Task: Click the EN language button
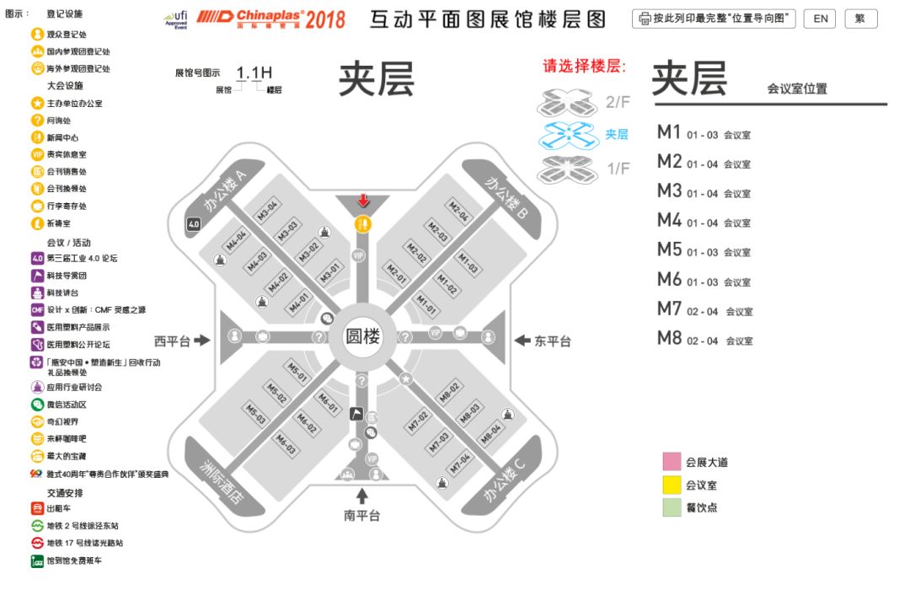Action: (821, 19)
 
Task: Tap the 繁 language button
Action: (860, 19)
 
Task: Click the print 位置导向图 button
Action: (714, 19)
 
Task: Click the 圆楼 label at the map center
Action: (363, 335)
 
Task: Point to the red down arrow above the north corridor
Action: (363, 201)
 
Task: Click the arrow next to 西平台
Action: (201, 341)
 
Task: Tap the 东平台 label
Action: (553, 341)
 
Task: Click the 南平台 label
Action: (362, 515)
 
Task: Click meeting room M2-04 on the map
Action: (458, 210)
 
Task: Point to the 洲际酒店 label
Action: (221, 481)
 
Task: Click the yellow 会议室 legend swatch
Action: (672, 485)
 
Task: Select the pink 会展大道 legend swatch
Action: (672, 462)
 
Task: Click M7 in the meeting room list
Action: (669, 310)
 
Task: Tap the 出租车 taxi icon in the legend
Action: (37, 508)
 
